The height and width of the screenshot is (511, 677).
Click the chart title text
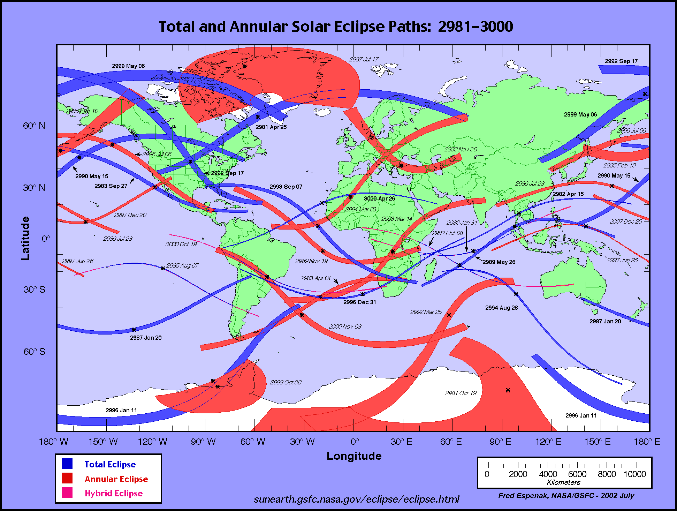pyautogui.click(x=336, y=27)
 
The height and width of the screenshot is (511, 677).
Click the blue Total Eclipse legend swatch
pyautogui.click(x=67, y=464)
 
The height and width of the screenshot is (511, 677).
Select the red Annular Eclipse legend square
pyautogui.click(x=67, y=478)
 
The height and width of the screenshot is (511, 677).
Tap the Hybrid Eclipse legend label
pyautogui.click(x=114, y=493)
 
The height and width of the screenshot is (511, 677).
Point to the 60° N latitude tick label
pyautogui.click(x=34, y=126)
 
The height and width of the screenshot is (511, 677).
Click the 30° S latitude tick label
pyautogui.click(x=34, y=290)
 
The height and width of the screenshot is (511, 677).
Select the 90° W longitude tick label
pyautogui.click(x=203, y=442)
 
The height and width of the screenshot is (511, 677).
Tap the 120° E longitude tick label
pyautogui.click(x=548, y=442)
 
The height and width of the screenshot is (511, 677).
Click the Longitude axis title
pyautogui.click(x=354, y=456)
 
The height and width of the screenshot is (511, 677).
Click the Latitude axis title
pyautogui.click(x=25, y=238)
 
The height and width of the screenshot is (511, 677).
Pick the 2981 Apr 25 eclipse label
pyautogui.click(x=271, y=127)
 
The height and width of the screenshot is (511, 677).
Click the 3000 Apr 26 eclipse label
pyautogui.click(x=379, y=198)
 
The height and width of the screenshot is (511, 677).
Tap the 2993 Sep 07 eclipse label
pyautogui.click(x=286, y=187)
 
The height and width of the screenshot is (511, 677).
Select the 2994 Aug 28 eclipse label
pyautogui.click(x=501, y=308)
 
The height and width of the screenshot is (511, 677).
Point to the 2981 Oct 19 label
pyautogui.click(x=461, y=393)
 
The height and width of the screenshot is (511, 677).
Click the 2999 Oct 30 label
pyautogui.click(x=286, y=382)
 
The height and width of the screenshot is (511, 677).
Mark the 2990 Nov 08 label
pyautogui.click(x=345, y=326)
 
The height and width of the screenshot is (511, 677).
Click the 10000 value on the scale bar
pyautogui.click(x=634, y=474)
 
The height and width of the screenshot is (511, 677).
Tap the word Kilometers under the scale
pyautogui.click(x=563, y=482)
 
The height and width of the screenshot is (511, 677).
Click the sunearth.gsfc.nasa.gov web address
pyautogui.click(x=356, y=499)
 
